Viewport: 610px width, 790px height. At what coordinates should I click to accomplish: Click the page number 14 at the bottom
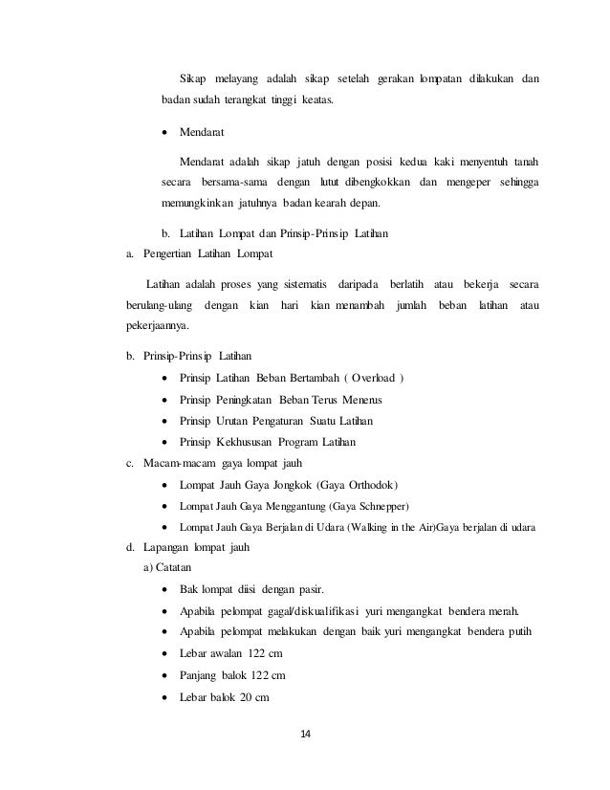pos(305,734)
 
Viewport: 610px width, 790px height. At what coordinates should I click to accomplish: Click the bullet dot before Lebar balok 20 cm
pos(168,697)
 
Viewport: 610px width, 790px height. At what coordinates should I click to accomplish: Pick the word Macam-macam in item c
pos(168,463)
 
